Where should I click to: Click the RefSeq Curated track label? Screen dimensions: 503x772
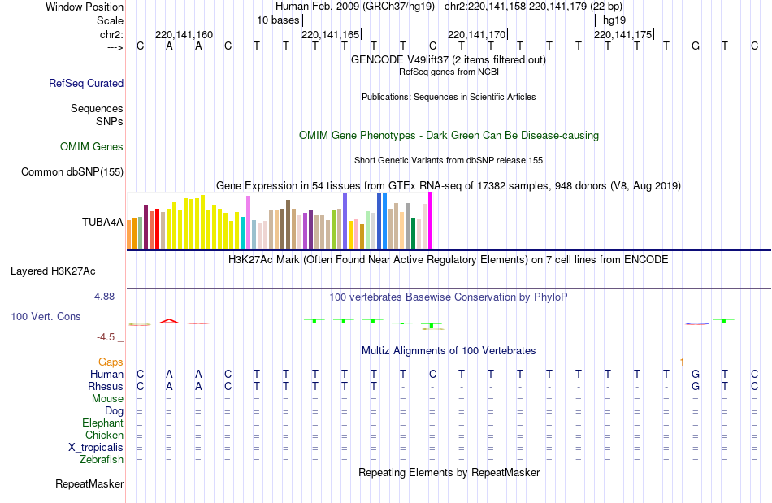[86, 83]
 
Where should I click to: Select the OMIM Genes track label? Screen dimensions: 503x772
[92, 147]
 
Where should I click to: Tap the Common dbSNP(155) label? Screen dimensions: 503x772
[72, 171]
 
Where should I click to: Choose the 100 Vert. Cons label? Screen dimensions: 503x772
[46, 316]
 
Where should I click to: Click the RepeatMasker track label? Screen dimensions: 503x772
[89, 484]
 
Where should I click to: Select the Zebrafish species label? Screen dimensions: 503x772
[102, 460]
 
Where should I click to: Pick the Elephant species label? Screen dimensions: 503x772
[102, 423]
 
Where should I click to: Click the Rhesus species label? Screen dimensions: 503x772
[106, 387]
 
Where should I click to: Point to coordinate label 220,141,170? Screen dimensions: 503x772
[477, 35]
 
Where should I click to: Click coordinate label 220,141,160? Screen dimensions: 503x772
[184, 35]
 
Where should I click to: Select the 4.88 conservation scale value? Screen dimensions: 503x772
[105, 297]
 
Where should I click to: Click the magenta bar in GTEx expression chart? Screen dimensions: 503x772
[430, 220]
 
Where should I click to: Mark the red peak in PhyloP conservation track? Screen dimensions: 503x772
[169, 321]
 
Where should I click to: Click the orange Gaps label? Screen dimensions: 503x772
[111, 362]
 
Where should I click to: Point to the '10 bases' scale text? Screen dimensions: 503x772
[278, 20]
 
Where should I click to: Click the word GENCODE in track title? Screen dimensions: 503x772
[376, 59]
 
